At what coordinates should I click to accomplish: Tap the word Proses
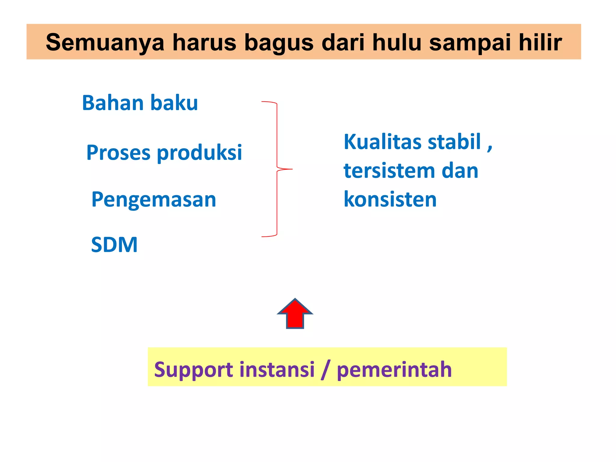click(x=118, y=152)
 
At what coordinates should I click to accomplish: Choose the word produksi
click(x=199, y=152)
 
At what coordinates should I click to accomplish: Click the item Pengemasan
click(x=154, y=199)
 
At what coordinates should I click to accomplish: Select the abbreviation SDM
click(x=114, y=245)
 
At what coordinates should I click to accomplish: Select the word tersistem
click(x=389, y=171)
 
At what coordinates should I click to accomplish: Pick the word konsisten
click(x=390, y=199)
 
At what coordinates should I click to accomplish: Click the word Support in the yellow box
click(x=193, y=369)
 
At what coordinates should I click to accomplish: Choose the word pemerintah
click(x=394, y=369)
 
